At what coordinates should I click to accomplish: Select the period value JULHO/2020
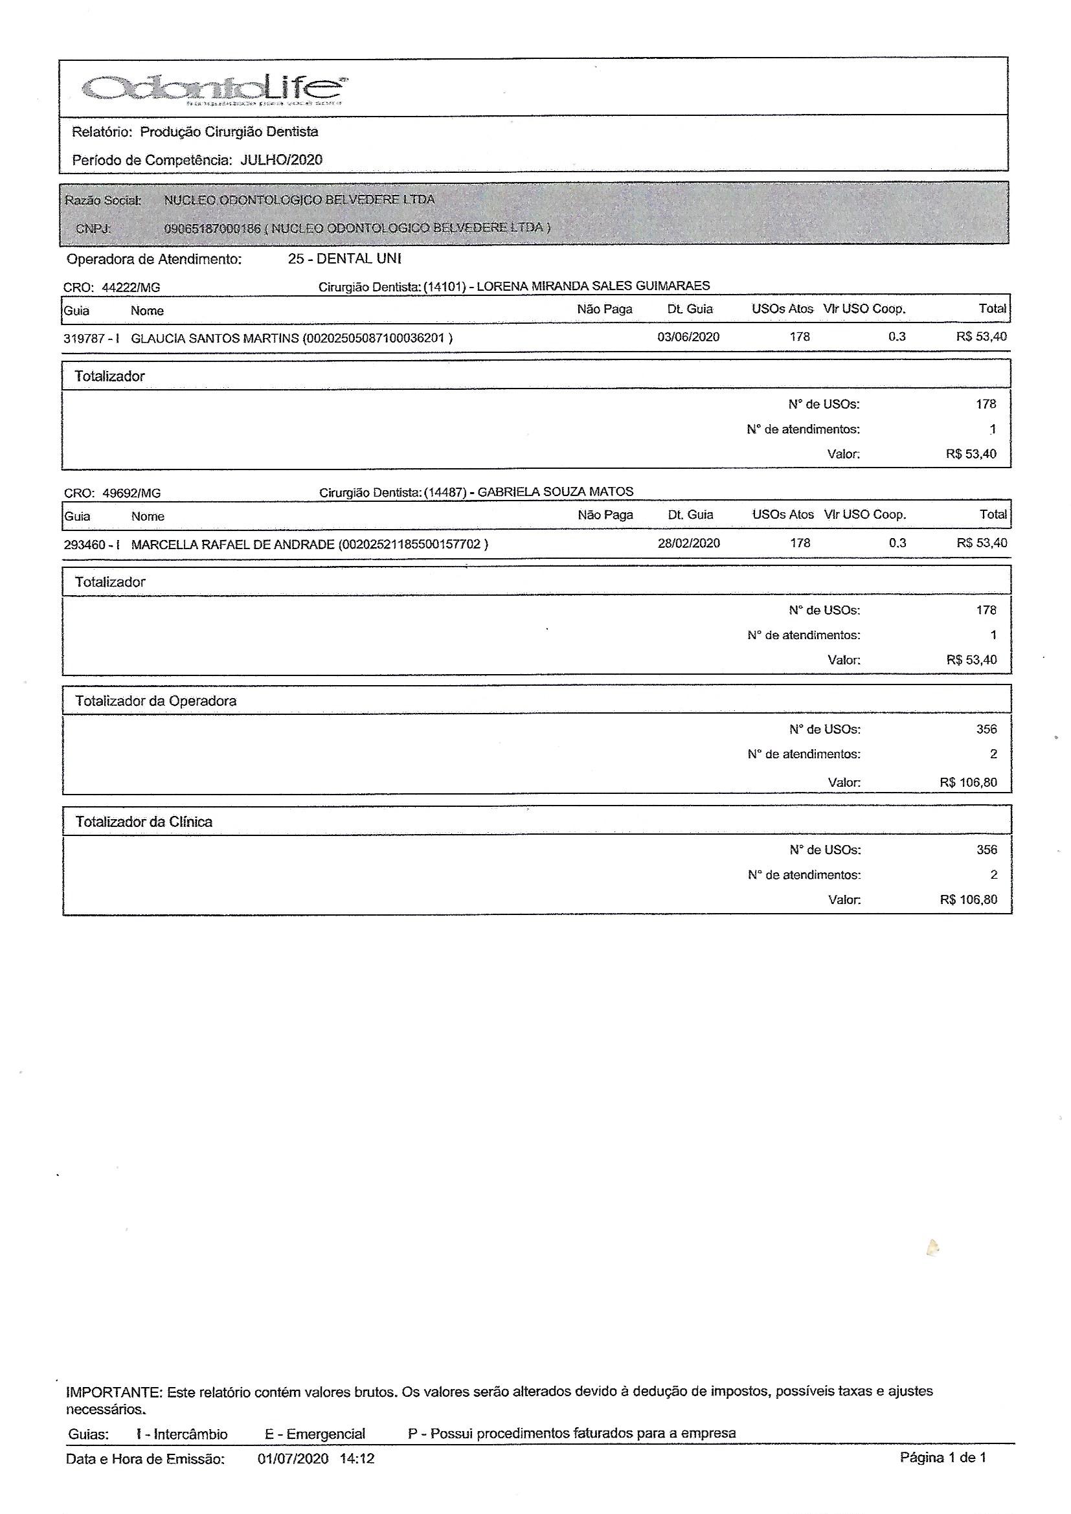coord(281,159)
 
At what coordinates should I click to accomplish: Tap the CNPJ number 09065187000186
coord(212,228)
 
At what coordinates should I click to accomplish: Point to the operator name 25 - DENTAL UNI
coord(344,258)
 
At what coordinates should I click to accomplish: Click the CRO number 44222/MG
coord(131,288)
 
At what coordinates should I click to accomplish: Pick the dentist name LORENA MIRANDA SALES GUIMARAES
coord(593,286)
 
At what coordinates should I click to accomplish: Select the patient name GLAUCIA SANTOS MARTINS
coord(215,339)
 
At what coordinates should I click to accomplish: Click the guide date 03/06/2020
coord(688,337)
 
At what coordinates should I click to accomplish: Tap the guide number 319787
coord(84,339)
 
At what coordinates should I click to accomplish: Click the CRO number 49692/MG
coord(131,493)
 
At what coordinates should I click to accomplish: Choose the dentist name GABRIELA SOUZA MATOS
coord(555,492)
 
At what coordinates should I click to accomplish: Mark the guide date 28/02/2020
coord(688,543)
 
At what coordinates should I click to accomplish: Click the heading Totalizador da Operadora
coord(155,701)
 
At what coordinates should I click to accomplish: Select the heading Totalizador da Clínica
coord(144,822)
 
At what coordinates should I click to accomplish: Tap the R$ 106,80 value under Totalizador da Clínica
coord(968,899)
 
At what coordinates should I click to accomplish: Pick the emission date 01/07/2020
coord(293,1458)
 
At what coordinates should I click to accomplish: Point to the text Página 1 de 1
coord(942,1457)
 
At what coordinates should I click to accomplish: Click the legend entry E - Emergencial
coord(315,1434)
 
